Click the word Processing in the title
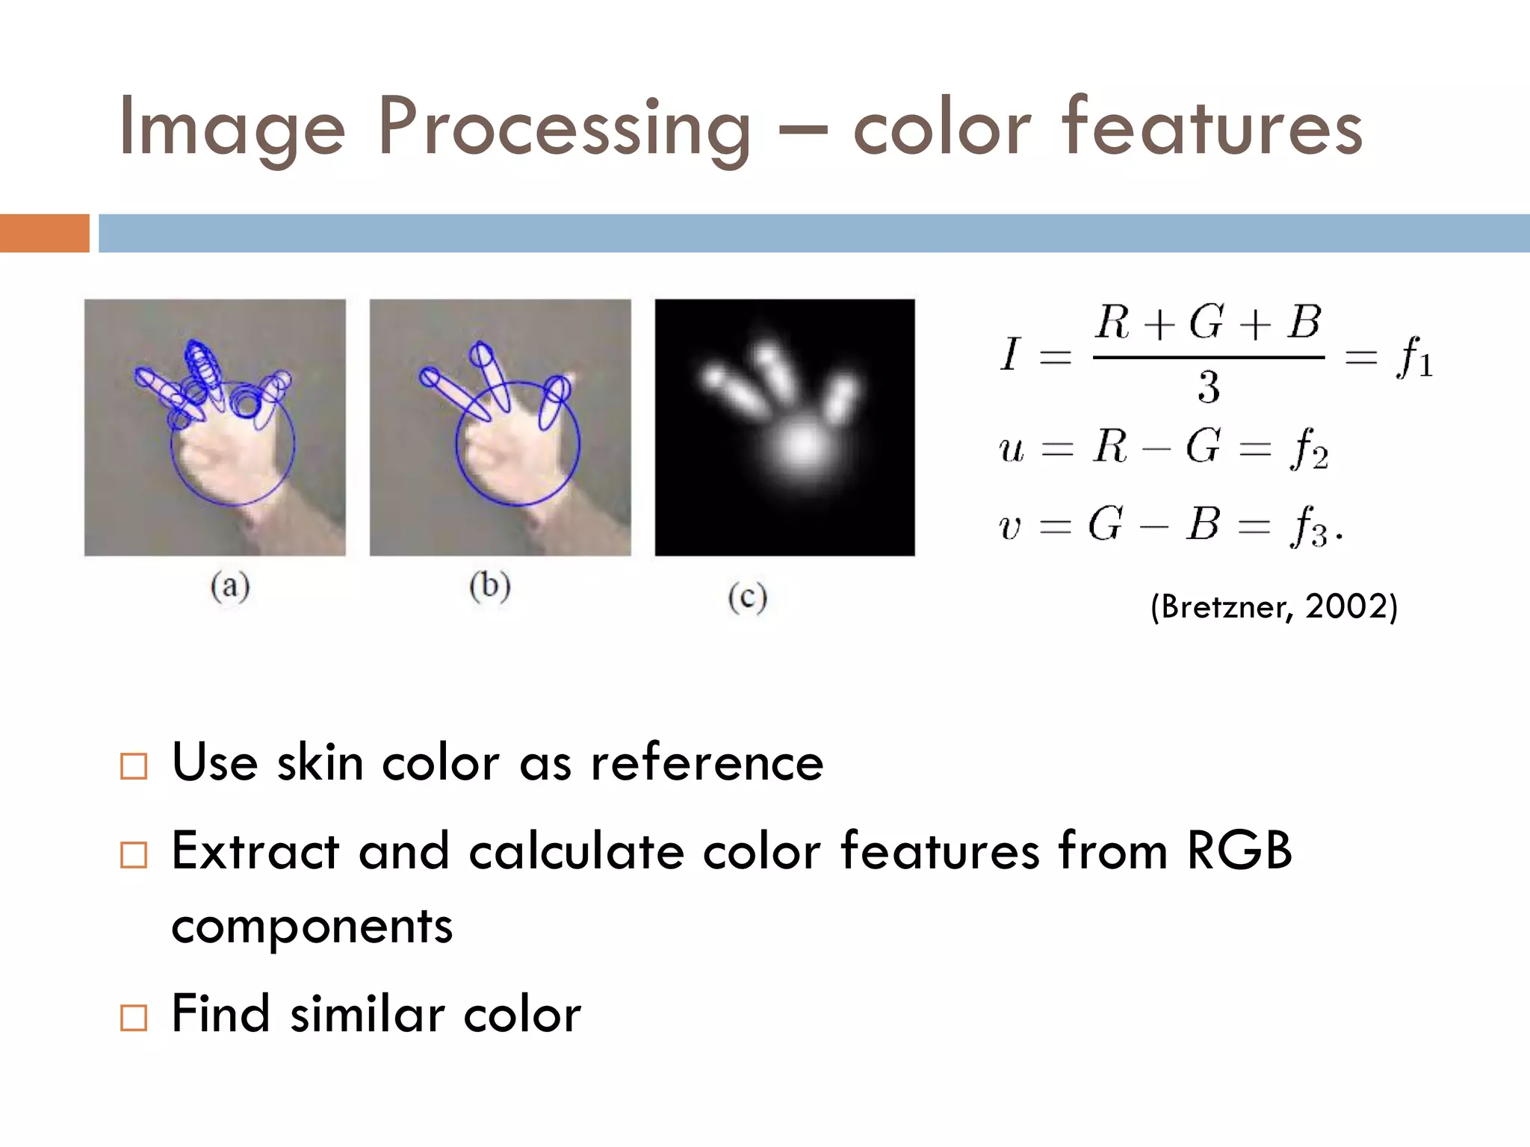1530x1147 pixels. tap(564, 128)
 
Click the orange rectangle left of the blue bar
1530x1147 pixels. tap(44, 233)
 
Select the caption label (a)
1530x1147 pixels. tap(230, 586)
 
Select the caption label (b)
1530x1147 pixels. tap(490, 585)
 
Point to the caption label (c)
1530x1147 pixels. tap(748, 597)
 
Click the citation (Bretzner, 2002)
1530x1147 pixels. tap(1274, 606)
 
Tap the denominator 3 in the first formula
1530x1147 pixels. tap(1209, 388)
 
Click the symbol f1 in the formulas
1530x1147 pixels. tap(1414, 358)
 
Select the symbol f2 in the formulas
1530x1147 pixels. tap(1309, 449)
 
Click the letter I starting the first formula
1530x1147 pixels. tap(1010, 354)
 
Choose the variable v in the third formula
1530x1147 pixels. tap(1009, 527)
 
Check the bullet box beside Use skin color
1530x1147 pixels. tap(134, 766)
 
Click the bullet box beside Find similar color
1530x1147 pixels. tap(134, 1017)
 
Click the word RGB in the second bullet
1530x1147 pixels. tap(1239, 851)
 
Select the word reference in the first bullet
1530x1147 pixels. tap(707, 763)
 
